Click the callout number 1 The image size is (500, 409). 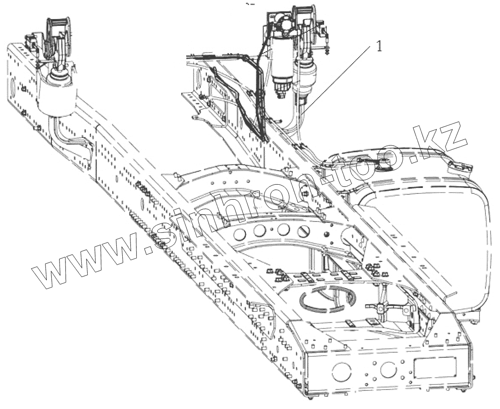pyautogui.click(x=380, y=46)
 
